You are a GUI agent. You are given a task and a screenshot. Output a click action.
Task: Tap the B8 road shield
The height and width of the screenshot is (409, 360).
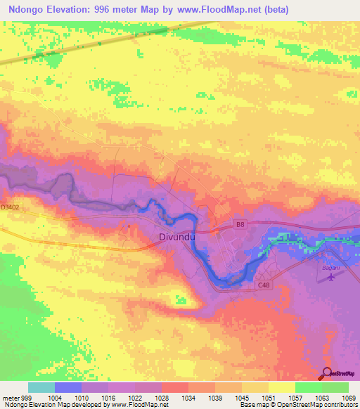(x=240, y=224)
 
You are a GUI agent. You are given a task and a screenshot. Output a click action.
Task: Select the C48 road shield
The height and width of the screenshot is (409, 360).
(x=264, y=284)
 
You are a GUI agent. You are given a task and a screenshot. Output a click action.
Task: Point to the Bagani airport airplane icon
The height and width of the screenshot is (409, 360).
(x=331, y=277)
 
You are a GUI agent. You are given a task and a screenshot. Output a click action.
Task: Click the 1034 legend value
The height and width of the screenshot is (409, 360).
(x=189, y=397)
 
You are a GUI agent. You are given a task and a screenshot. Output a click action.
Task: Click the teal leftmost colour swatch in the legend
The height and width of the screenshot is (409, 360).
(x=41, y=387)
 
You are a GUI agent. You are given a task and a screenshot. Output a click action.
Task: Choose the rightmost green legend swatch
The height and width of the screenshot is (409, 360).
(x=335, y=387)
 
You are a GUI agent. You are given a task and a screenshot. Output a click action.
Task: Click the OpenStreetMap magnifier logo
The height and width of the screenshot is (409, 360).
(x=327, y=373)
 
